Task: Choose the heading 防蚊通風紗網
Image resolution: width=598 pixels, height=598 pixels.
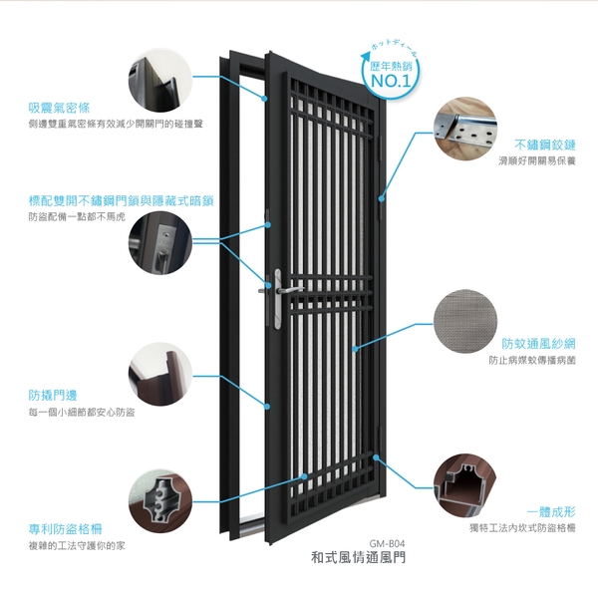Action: click(x=538, y=343)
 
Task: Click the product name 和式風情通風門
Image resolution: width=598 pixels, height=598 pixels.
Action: click(x=358, y=558)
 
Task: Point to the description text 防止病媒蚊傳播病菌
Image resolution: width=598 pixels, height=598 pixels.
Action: click(x=532, y=361)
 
